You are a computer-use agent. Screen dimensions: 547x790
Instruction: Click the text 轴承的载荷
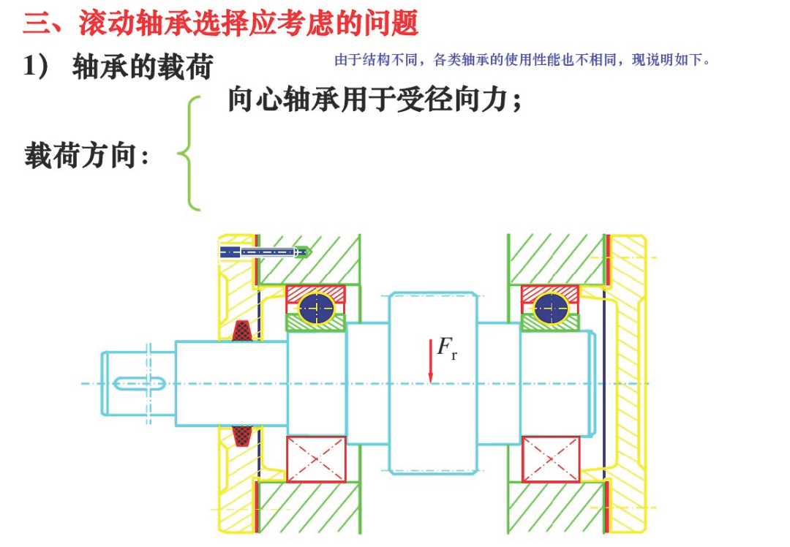coord(143,67)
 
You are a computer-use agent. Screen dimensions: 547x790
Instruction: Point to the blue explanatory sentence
coord(522,60)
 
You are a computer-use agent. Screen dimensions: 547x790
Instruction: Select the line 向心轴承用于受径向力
coord(375,100)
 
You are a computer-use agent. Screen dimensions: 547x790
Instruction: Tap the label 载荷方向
coord(86,156)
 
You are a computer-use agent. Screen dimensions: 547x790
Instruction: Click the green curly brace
coord(189,154)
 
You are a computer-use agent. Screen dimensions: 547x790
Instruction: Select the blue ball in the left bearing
coord(316,308)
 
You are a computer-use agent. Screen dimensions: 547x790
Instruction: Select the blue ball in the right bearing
coord(549,308)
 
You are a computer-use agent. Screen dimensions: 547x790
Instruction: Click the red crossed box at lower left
coord(316,459)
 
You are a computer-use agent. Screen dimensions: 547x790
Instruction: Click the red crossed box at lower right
coord(550,459)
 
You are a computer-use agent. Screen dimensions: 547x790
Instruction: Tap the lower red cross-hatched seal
coord(244,437)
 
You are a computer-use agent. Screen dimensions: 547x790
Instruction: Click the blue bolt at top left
coord(263,252)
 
